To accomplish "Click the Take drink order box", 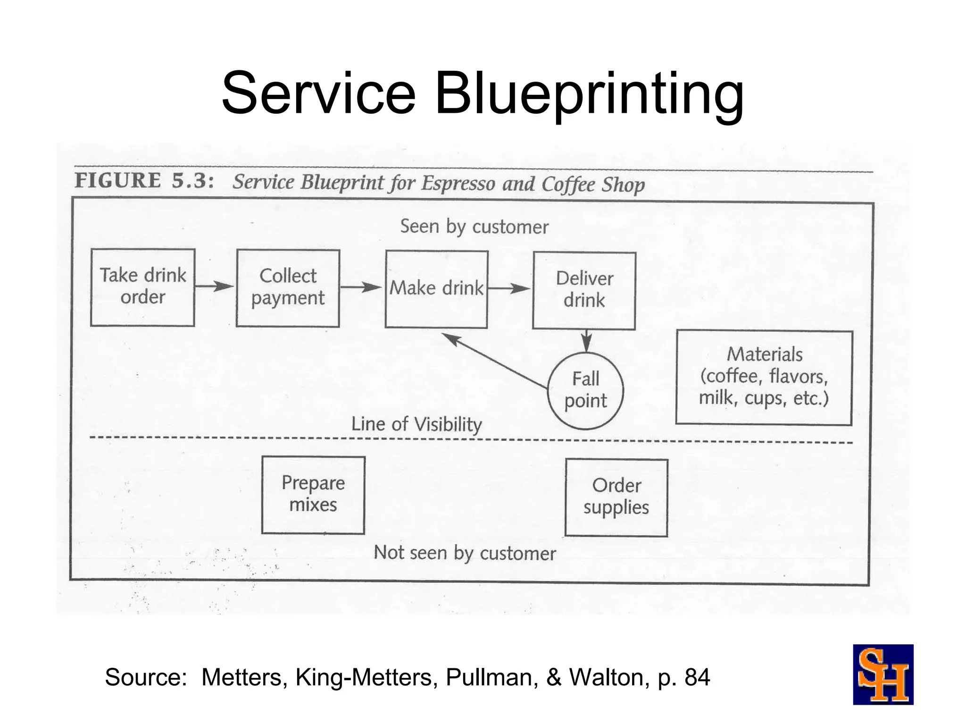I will click(142, 287).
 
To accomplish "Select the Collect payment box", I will click(288, 288).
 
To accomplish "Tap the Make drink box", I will click(436, 289).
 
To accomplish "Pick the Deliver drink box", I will click(584, 290).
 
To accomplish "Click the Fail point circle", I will click(585, 390).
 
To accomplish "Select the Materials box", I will click(764, 378).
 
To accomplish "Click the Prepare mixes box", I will click(313, 495).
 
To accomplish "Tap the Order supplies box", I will click(616, 497).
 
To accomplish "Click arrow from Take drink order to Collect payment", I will click(215, 286).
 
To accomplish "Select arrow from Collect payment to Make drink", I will click(361, 287).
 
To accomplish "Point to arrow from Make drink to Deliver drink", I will click(509, 288).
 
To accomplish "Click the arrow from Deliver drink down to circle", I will click(586, 340).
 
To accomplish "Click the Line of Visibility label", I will click(416, 424).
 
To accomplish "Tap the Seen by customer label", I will click(474, 227).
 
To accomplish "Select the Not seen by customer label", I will click(465, 553).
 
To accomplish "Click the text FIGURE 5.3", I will click(144, 181).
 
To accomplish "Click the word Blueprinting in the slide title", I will click(589, 93).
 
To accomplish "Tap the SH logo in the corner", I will click(883, 674).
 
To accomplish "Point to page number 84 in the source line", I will click(697, 677).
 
